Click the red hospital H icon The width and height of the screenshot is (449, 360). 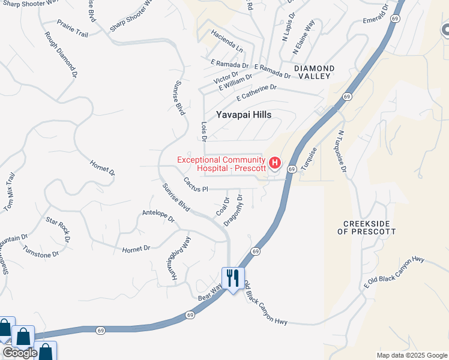click(x=275, y=163)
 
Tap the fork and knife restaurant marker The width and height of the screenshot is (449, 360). click(x=233, y=277)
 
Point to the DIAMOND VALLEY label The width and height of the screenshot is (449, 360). click(x=312, y=73)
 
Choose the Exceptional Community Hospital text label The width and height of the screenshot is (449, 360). click(x=221, y=164)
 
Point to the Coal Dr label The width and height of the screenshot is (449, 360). click(x=223, y=207)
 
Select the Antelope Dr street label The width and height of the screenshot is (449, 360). click(x=158, y=216)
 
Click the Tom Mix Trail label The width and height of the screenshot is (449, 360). click(x=9, y=192)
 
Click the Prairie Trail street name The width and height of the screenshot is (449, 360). click(x=73, y=28)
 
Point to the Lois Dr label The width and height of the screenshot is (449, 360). click(x=203, y=130)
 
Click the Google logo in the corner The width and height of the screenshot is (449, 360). click(x=19, y=353)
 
